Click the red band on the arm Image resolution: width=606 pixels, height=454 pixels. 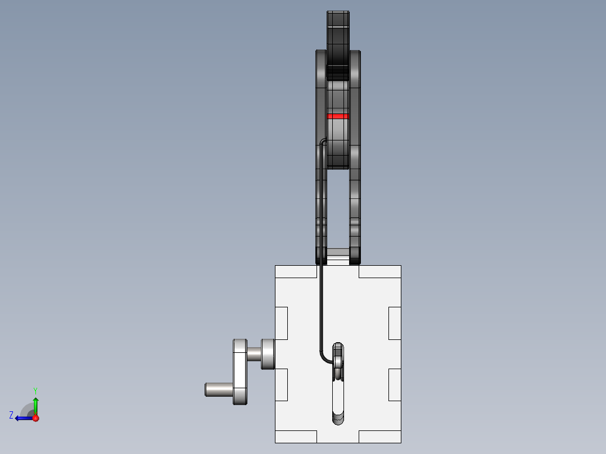(338, 116)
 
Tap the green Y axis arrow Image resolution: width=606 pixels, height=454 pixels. (35, 406)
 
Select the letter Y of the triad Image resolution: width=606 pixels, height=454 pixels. (35, 391)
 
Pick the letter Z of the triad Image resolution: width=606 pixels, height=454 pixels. (11, 415)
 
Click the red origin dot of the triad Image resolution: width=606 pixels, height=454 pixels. (35, 418)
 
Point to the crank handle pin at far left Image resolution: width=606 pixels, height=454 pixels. (219, 389)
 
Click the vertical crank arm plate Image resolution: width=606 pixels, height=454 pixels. (240, 372)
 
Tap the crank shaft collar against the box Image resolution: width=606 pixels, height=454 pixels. (268, 354)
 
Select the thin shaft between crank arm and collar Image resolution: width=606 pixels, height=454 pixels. (254, 354)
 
